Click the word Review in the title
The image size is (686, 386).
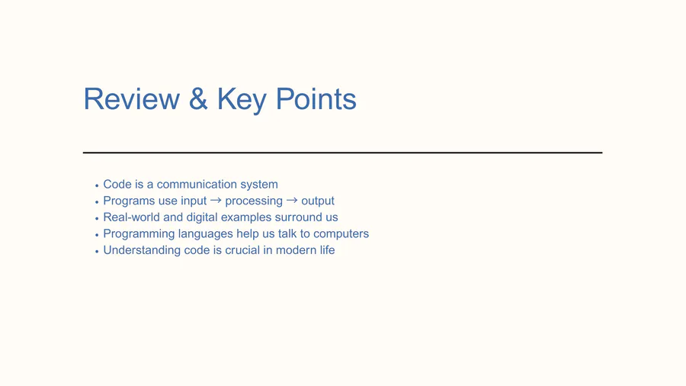132,98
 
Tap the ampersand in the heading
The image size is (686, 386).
198,98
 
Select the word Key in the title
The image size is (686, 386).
242,101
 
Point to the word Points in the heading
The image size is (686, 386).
316,98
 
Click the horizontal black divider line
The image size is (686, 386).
342,153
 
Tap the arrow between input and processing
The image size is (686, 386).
216,200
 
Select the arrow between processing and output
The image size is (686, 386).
292,200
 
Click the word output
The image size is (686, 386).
318,201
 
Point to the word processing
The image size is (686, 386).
254,201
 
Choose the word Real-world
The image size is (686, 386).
131,217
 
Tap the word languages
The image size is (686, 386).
205,234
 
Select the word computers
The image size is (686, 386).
341,234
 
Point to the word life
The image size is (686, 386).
328,250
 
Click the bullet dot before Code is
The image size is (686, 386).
97,185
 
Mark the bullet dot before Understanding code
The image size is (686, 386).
97,252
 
